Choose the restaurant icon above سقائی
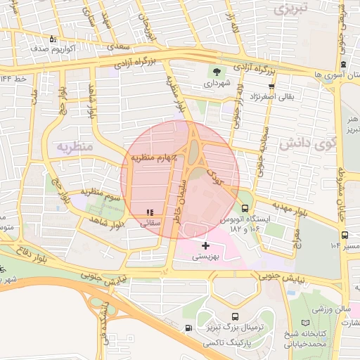click(x=149, y=212)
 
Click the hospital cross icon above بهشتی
click(x=205, y=245)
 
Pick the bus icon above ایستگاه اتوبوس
click(x=245, y=208)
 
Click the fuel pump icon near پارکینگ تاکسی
click(x=188, y=328)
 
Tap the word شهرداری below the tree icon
click(x=217, y=83)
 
